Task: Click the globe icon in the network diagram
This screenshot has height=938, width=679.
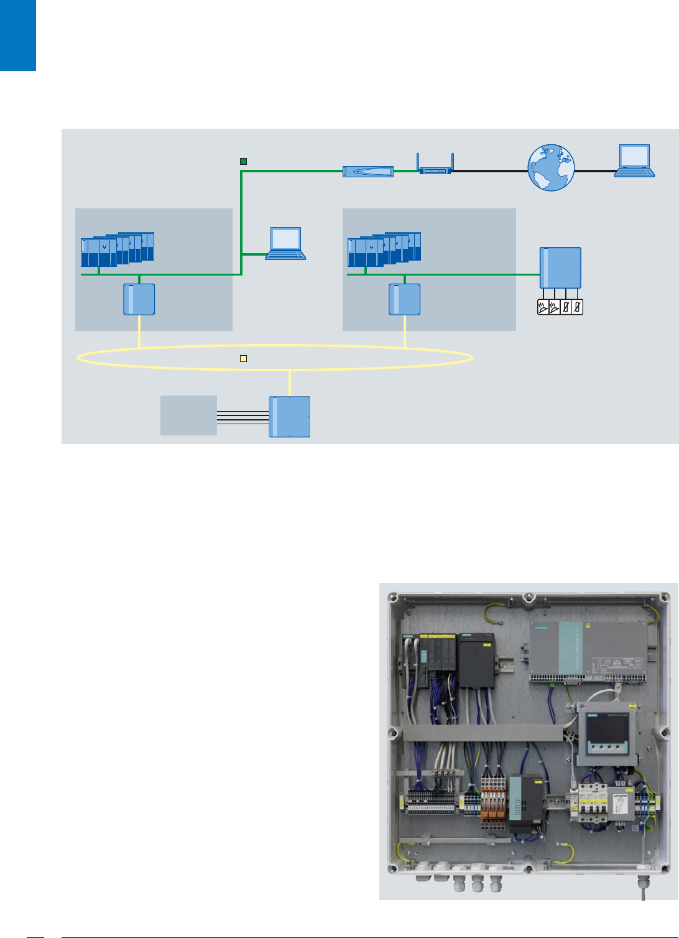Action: tap(551, 167)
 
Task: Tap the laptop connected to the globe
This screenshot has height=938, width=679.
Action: tap(634, 161)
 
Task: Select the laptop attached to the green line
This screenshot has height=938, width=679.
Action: tap(286, 243)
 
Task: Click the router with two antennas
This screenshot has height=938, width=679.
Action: tap(435, 169)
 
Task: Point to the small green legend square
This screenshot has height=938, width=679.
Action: tap(244, 162)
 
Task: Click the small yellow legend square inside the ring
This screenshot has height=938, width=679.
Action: tap(244, 358)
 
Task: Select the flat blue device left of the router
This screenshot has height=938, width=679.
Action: tap(368, 171)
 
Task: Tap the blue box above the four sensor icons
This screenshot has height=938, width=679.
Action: tap(560, 268)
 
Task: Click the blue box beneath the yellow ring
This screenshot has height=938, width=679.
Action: tap(290, 417)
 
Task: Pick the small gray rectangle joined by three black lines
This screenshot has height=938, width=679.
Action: tap(188, 416)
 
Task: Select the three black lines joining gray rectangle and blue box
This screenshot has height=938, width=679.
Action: tap(242, 417)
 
